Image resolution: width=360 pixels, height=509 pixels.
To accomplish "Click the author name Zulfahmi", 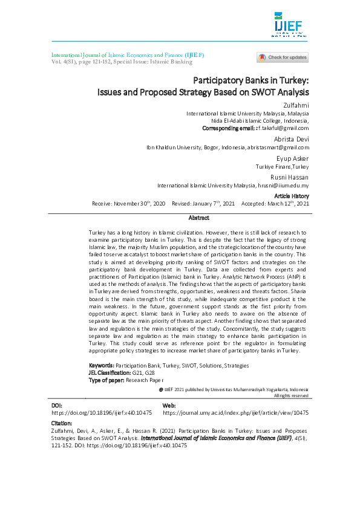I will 296,106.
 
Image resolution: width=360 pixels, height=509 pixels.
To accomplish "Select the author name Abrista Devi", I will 292,139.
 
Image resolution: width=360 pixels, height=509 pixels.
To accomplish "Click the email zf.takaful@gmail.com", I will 282,128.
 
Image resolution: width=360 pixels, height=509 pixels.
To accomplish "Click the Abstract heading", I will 198,218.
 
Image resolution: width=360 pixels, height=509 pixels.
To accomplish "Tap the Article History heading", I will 292,196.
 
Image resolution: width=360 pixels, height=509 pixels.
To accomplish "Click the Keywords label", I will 101,366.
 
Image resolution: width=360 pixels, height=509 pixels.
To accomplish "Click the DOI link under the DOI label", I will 102,412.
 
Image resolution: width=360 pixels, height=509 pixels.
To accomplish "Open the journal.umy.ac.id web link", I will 236,412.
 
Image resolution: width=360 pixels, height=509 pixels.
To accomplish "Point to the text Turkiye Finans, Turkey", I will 283,166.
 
